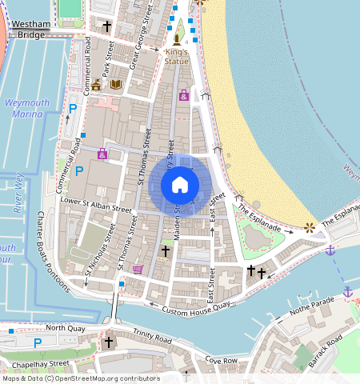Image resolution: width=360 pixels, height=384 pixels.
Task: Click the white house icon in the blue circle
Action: tap(180, 185)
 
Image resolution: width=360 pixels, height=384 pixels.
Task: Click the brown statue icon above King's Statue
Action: tap(176, 39)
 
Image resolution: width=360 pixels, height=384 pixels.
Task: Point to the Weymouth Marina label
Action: tap(27, 109)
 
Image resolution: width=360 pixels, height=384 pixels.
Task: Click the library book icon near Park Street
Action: tap(116, 83)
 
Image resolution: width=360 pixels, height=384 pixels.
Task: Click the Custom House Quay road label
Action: tap(196, 307)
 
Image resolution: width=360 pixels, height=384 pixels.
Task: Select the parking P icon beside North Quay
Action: tap(37, 342)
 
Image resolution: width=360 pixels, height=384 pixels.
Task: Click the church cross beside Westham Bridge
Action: tap(107, 26)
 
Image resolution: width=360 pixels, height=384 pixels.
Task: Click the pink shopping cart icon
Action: tap(138, 270)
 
